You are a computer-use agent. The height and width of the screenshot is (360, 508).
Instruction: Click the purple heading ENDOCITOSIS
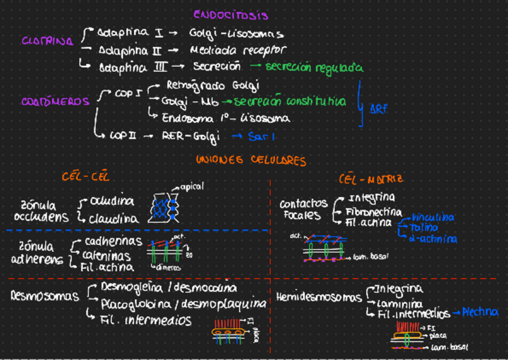(x=231, y=16)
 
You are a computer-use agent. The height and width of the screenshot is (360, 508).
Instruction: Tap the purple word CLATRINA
(x=47, y=41)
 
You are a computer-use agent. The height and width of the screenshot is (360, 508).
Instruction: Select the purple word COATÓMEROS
(x=55, y=102)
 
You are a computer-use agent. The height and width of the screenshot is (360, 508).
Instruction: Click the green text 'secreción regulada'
(x=314, y=67)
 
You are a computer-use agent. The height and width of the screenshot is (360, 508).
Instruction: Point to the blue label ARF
(x=378, y=110)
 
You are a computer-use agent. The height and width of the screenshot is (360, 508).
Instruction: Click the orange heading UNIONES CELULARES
(x=250, y=161)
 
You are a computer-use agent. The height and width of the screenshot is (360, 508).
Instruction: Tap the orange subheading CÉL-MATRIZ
(x=371, y=179)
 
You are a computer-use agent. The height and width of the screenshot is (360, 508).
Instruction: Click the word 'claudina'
(x=114, y=219)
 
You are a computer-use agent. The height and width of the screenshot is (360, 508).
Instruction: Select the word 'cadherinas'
(x=113, y=241)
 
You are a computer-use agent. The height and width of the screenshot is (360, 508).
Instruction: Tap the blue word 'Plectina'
(x=480, y=312)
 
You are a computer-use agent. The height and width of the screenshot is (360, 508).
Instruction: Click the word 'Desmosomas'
(x=45, y=296)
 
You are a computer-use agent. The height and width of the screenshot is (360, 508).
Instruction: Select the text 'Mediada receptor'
(x=238, y=50)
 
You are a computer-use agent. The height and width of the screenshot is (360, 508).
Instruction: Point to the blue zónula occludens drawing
(x=164, y=207)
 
